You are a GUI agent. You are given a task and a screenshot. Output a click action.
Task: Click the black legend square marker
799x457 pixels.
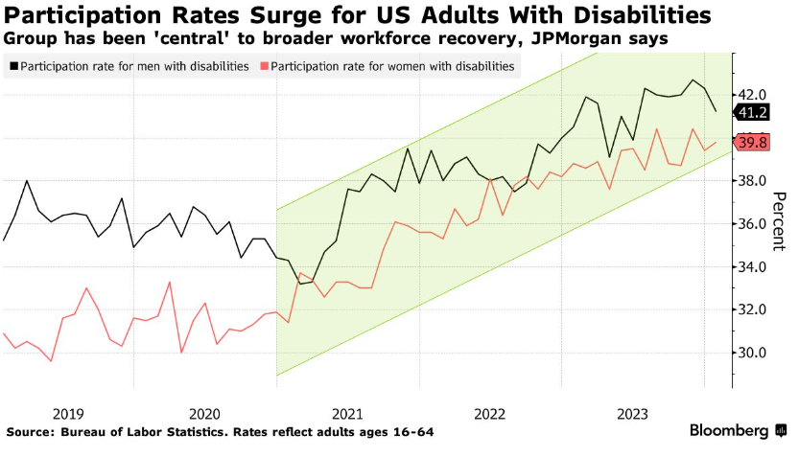12,66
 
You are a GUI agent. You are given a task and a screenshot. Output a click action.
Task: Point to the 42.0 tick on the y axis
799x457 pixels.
751,95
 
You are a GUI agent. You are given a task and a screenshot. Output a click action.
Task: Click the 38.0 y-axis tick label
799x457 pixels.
751,181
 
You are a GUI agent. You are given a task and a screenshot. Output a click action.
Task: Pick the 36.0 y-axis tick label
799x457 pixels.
751,224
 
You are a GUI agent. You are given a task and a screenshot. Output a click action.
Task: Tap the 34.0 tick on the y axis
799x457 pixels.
751,267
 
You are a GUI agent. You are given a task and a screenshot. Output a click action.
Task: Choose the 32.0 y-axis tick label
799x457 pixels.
751,310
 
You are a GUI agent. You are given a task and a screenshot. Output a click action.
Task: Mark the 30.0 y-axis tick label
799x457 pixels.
751,354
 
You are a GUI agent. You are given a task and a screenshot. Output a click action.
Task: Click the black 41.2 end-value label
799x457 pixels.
752,113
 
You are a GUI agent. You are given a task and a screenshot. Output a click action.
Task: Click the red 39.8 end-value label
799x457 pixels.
752,143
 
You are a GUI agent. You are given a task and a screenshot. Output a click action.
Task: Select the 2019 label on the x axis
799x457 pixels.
69,414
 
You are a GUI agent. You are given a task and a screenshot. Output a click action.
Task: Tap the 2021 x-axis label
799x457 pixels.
347,414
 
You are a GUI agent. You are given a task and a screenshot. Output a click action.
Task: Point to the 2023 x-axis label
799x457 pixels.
630,414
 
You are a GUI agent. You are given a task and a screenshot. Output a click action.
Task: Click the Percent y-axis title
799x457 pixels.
780,222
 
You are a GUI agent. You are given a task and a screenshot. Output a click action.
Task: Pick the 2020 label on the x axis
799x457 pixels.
207,414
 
